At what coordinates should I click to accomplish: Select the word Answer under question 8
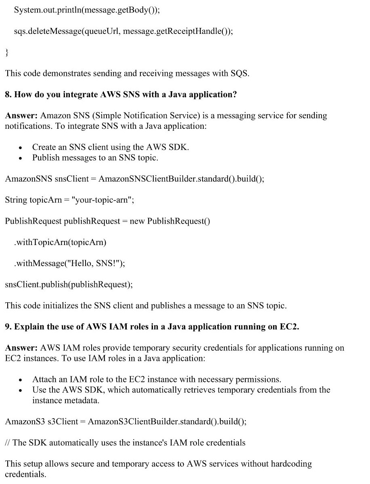click(x=21, y=116)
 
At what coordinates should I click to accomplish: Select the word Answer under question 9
click(x=21, y=348)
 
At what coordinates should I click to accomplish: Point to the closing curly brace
click(x=6, y=52)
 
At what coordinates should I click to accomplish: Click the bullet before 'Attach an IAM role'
click(x=21, y=380)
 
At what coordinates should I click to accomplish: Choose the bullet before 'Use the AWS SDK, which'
click(x=21, y=390)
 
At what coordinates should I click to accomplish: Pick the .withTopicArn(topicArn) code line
click(x=60, y=242)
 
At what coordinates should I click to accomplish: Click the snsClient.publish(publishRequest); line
click(x=69, y=285)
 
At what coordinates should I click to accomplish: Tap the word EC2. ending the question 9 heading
click(x=289, y=327)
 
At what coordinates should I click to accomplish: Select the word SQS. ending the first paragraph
click(x=240, y=73)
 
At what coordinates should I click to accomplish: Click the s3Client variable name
click(x=63, y=422)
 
